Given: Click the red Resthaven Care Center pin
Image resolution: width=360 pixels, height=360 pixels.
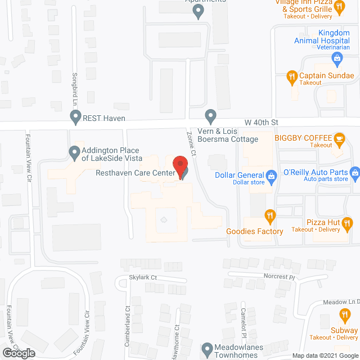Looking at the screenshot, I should pyautogui.click(x=180, y=167).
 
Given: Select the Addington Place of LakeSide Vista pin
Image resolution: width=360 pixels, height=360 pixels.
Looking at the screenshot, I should pyautogui.click(x=74, y=151).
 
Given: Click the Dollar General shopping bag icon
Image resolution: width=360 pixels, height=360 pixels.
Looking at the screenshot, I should pyautogui.click(x=271, y=175).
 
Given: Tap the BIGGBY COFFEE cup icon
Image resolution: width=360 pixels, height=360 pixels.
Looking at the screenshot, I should pyautogui.click(x=339, y=138).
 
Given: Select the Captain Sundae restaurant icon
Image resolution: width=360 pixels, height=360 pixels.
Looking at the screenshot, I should pyautogui.click(x=291, y=76).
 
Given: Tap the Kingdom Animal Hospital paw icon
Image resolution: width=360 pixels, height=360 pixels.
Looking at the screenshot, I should pyautogui.click(x=335, y=57).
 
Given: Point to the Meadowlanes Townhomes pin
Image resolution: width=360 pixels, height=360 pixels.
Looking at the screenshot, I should pyautogui.click(x=208, y=349).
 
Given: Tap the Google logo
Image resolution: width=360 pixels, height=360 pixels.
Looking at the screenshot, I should pyautogui.click(x=18, y=353).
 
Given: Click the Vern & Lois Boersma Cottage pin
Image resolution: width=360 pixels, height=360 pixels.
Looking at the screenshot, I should pyautogui.click(x=210, y=117).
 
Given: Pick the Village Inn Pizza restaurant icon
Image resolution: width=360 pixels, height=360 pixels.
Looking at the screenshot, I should pyautogui.click(x=339, y=8).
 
